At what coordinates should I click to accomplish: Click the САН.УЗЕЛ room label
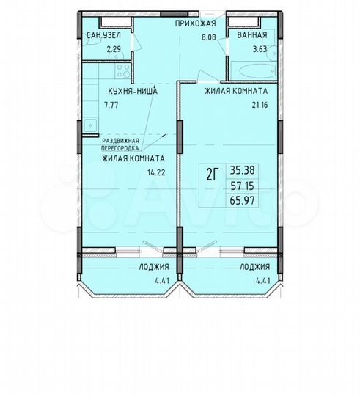tap(103, 35)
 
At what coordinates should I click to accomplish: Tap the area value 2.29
tap(114, 49)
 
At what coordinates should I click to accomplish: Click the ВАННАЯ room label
tap(250, 35)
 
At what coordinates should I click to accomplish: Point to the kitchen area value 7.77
tap(112, 106)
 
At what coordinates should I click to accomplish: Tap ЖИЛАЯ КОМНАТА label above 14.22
tap(132, 158)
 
